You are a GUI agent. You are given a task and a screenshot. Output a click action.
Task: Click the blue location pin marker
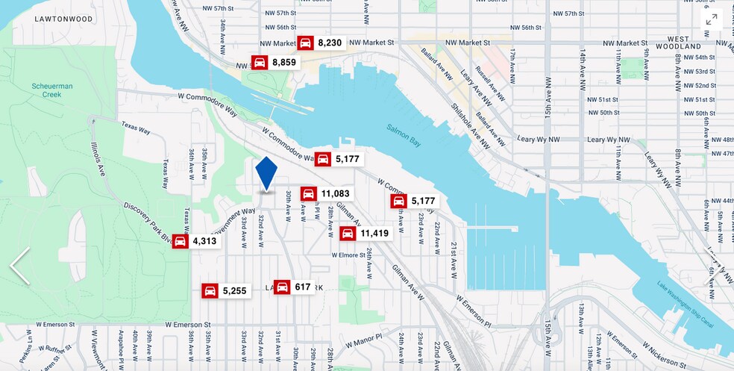(x=266, y=174)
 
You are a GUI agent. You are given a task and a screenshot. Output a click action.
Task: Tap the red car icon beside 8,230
(x=305, y=43)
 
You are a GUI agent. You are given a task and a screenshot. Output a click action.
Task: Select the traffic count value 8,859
(x=284, y=63)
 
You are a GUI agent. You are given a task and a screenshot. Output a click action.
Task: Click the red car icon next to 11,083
(x=309, y=194)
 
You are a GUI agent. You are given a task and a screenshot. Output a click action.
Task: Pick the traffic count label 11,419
(x=374, y=234)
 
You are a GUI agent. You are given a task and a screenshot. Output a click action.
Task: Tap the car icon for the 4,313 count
(x=181, y=241)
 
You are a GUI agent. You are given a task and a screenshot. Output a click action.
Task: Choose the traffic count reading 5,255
(x=233, y=291)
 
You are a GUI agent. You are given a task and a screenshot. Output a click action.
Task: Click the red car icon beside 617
(x=282, y=287)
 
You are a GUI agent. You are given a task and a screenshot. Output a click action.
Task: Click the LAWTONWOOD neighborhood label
(x=63, y=18)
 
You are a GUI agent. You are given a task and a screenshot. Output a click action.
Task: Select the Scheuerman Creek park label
(x=52, y=90)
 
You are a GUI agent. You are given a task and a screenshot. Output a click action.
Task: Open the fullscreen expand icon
(x=711, y=19)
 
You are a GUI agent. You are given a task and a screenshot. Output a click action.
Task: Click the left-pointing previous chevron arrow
(x=19, y=266)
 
